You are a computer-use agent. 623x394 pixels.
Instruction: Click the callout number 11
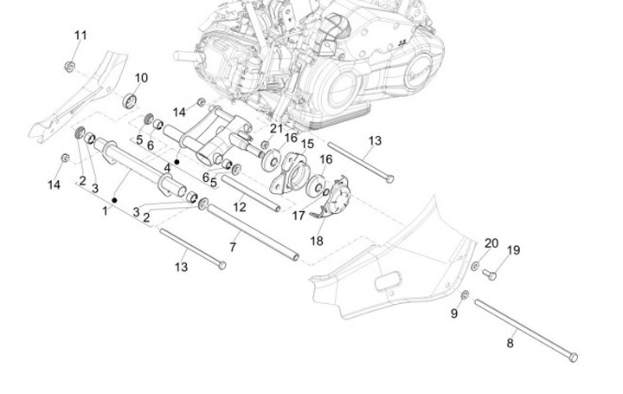pyautogui.click(x=80, y=36)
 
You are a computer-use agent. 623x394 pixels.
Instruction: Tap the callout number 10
pyautogui.click(x=141, y=78)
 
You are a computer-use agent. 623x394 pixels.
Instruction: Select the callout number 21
pyautogui.click(x=276, y=128)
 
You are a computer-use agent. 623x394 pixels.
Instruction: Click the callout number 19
pyautogui.click(x=513, y=251)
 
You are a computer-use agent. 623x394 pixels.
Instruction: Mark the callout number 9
pyautogui.click(x=453, y=313)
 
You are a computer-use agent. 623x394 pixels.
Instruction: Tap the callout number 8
pyautogui.click(x=510, y=343)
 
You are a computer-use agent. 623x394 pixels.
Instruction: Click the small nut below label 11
pyautogui.click(x=68, y=66)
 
